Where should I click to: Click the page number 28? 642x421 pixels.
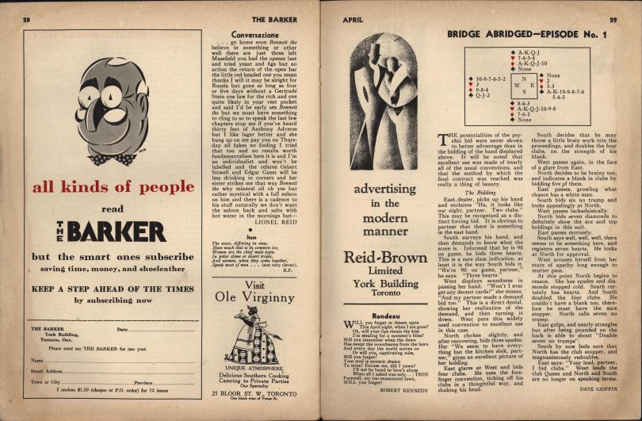tap(26, 17)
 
